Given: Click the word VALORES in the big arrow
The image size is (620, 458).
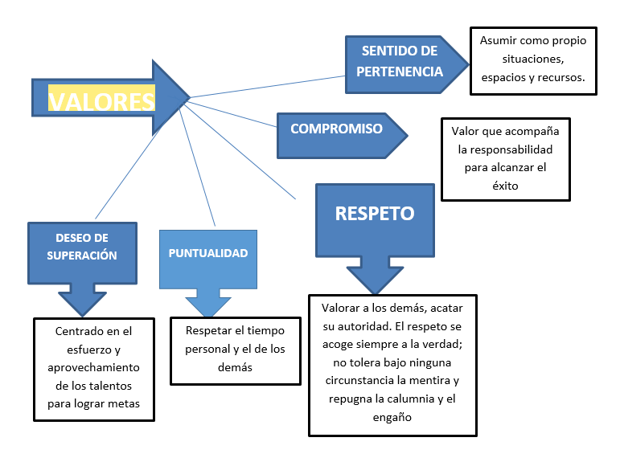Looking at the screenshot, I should pyautogui.click(x=101, y=100).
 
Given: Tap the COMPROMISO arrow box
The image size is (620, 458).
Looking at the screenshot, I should pyautogui.click(x=336, y=129).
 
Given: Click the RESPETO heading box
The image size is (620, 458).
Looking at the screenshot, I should pyautogui.click(x=374, y=214).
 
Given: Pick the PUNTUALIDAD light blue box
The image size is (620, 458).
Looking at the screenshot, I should pyautogui.click(x=207, y=253).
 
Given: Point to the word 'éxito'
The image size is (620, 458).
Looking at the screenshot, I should pyautogui.click(x=505, y=186).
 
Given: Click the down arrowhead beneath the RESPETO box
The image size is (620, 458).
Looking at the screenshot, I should pyautogui.click(x=374, y=281).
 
